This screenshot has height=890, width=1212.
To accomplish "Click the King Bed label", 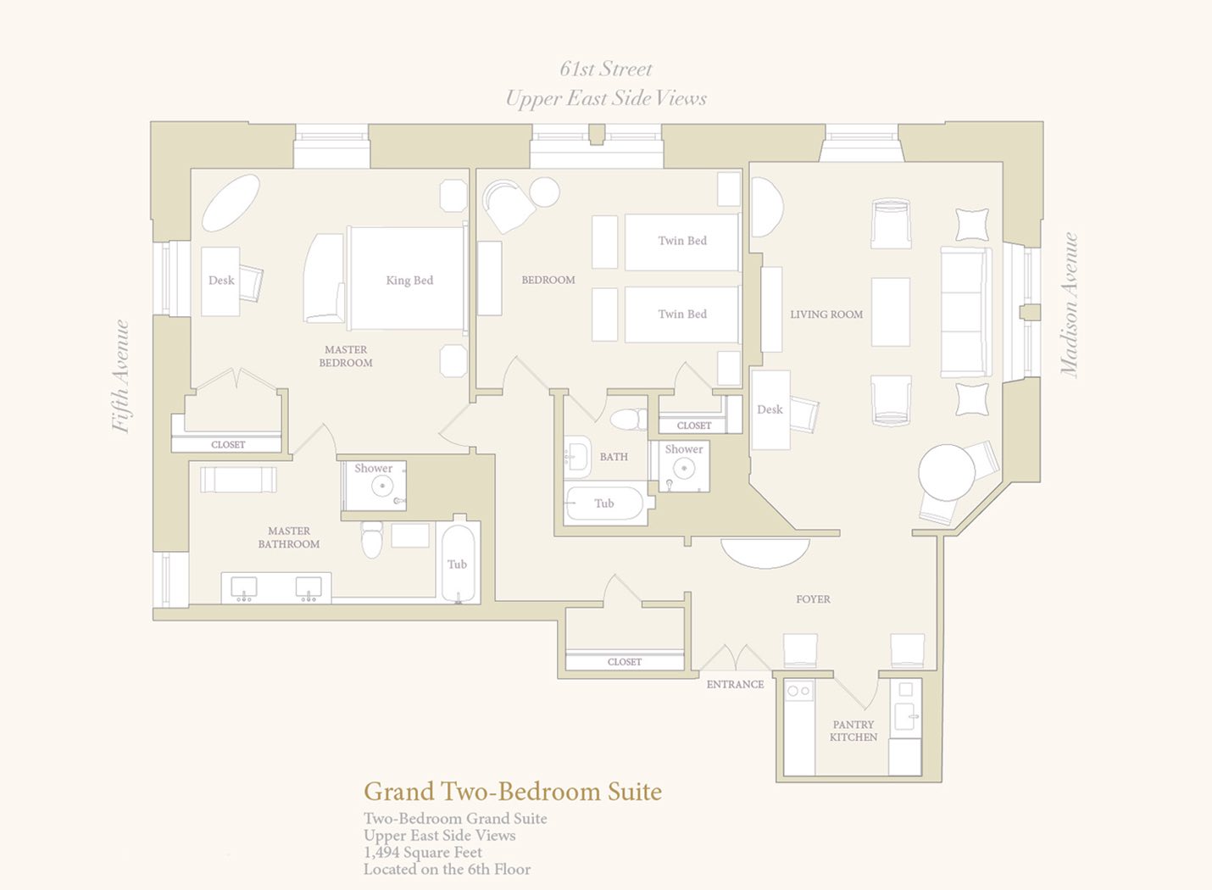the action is pos(409,281).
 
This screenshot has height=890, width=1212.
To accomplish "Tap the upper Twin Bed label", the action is pos(682,241).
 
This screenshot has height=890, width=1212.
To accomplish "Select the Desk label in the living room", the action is pos(770,409).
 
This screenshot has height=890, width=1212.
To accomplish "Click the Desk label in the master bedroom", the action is pos(221,281).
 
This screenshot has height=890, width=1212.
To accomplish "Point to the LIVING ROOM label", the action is pos(826,314).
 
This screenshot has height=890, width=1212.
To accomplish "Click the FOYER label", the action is pos(813,599).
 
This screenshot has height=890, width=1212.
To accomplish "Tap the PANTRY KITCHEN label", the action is pos(853,731).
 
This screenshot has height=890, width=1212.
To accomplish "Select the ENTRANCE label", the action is pos(735,684).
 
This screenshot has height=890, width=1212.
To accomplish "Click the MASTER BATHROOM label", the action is pos(288,537).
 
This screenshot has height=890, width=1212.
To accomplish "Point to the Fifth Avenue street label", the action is pos(121,376).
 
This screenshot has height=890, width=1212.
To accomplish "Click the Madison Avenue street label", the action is pos(1069,304).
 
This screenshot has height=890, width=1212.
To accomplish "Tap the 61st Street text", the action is pos(605,69).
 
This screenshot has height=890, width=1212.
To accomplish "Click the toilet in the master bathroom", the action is pos(372,539).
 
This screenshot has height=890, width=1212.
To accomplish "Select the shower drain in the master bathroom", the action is pos(382,486).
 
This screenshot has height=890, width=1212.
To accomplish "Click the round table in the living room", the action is pos(947,472).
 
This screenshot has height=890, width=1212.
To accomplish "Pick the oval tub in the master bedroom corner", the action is pos(231,203).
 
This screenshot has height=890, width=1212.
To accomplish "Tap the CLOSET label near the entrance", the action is pos(624,662).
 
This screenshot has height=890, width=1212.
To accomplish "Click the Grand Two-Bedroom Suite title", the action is pos(513,792).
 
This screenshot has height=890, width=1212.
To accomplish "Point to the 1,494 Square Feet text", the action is pos(423,852).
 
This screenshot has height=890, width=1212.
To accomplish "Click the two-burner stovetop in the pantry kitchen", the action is pos(798,690).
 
